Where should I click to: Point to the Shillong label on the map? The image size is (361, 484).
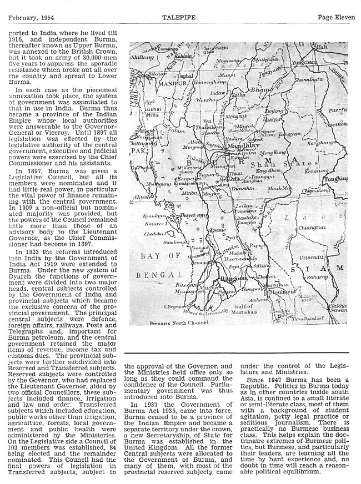[141, 57]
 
